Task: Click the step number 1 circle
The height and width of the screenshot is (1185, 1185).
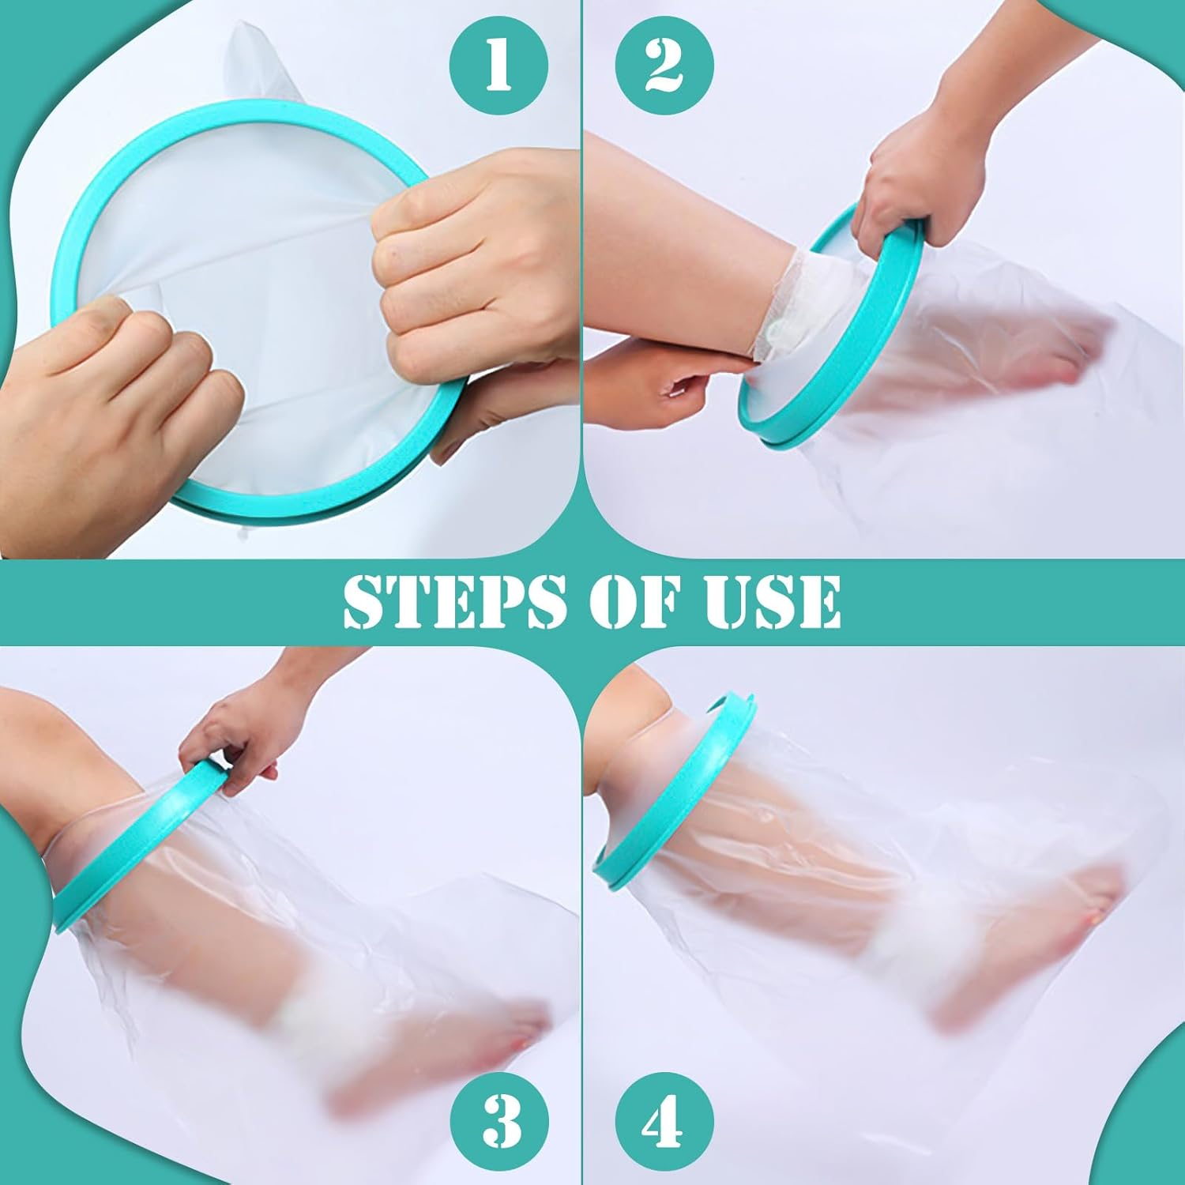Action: click(x=498, y=65)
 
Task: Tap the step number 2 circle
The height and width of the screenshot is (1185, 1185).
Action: click(x=664, y=65)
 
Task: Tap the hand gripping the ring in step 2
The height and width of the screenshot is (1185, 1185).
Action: click(x=908, y=182)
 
